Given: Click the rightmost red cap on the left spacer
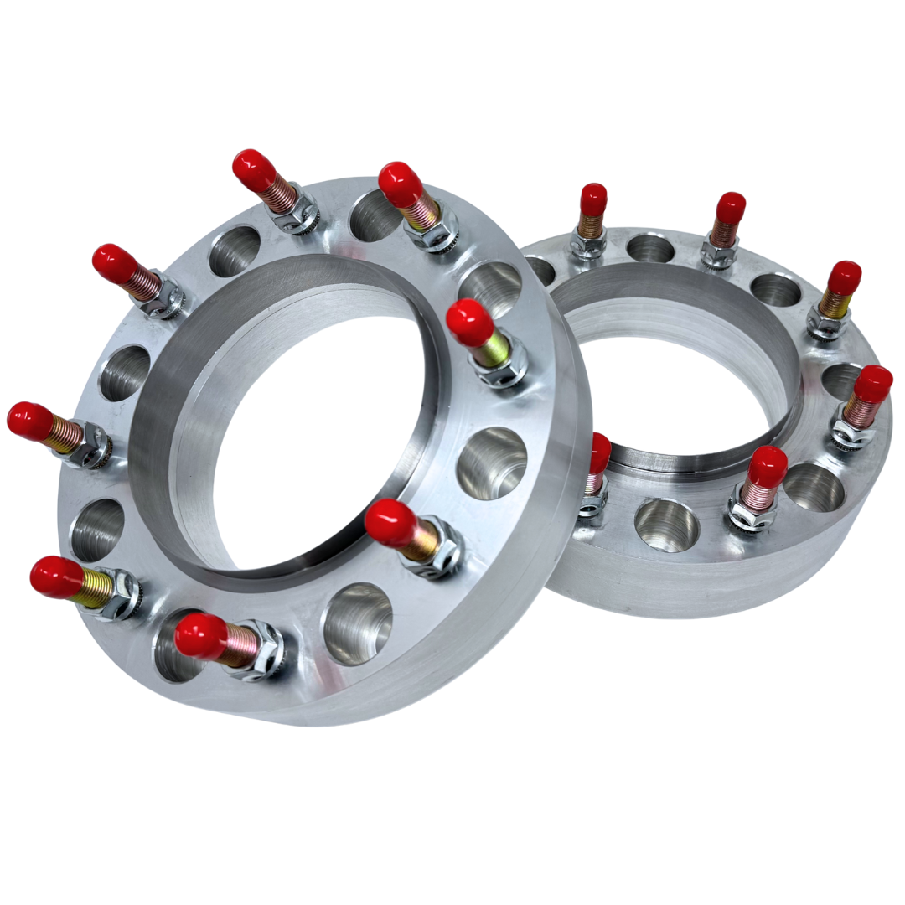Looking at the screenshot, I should click(469, 322).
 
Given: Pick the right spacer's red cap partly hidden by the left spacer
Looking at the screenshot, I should click(599, 452).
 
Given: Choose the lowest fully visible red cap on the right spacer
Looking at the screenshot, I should click(767, 465).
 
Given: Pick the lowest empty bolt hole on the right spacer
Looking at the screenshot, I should click(666, 525).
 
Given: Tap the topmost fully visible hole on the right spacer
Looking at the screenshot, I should click(650, 247).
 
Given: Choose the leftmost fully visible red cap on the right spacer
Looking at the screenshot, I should click(593, 199).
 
